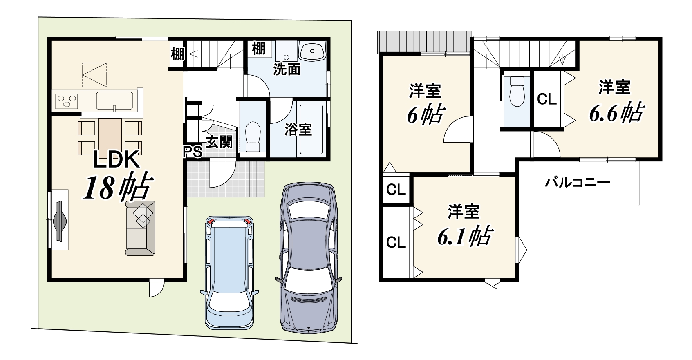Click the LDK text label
[116, 160]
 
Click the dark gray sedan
[309, 258]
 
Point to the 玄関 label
[219, 142]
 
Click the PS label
[193, 152]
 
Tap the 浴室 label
[298, 130]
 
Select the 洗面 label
[287, 69]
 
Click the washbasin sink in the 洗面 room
[312, 51]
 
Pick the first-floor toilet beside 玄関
[253, 137]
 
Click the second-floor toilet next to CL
[516, 92]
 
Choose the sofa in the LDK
[140, 228]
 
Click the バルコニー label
[578, 183]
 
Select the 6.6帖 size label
[617, 113]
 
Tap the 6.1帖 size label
[465, 237]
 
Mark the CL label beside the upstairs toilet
[547, 99]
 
